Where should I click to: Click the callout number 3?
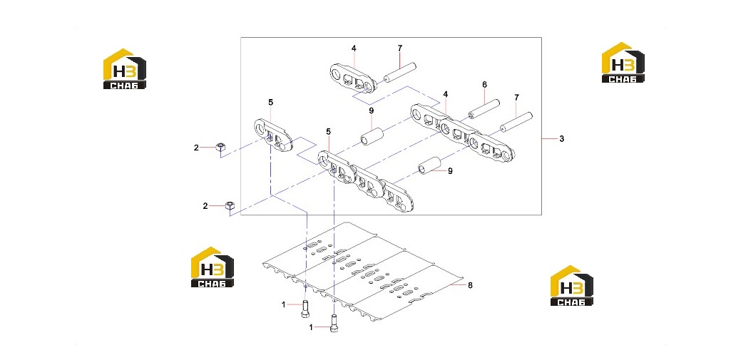(562, 138)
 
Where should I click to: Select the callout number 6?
(484, 84)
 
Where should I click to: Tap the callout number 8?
(470, 285)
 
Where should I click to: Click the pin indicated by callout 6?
(484, 110)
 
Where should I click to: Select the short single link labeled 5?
(274, 135)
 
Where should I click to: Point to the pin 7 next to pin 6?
(516, 123)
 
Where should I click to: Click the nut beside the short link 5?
(221, 148)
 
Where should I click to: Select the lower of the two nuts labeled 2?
(230, 205)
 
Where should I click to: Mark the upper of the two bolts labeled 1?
(305, 309)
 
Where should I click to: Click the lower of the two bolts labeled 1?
(333, 323)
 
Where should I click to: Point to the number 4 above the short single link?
(354, 48)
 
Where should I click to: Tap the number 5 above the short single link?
(270, 102)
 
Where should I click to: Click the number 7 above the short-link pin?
(400, 48)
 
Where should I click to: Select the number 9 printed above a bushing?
(372, 110)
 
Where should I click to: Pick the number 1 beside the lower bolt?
(311, 327)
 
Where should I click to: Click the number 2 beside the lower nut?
(205, 206)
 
